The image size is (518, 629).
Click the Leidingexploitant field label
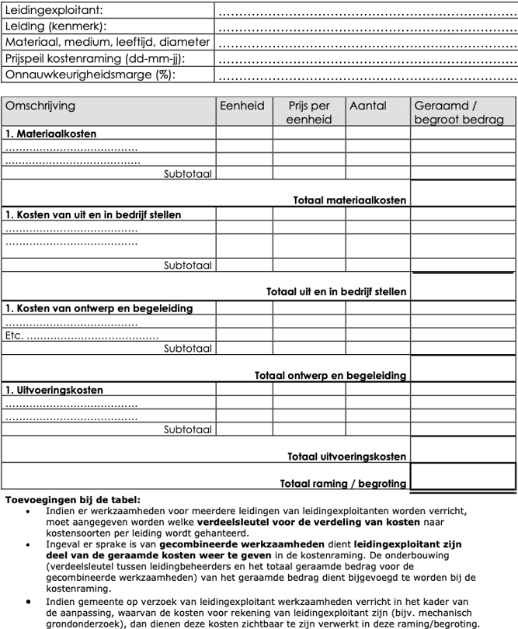54,10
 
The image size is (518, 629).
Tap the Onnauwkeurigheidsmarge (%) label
90,75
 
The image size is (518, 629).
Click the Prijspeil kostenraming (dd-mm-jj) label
96,58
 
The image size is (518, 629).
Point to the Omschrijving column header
40,106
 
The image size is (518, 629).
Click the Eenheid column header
242,106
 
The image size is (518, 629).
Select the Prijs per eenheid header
309,113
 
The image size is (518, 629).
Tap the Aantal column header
368,106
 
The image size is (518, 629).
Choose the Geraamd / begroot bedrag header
458,113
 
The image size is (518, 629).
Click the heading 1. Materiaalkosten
51,134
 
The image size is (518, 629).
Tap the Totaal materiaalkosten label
349,200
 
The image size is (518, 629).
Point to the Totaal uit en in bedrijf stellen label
336,292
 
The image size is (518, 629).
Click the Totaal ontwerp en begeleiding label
330,375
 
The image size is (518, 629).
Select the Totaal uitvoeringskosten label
346,456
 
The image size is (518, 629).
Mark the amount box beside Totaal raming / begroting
463,476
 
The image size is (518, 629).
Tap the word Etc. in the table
15,335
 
